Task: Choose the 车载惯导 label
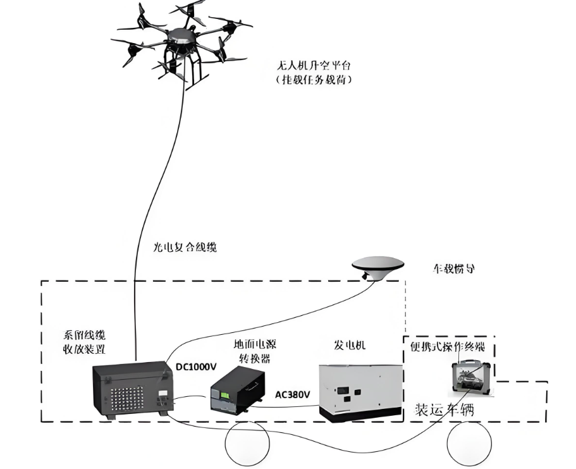pos(453,268)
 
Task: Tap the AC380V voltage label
pos(293,394)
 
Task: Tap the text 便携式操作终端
pos(448,347)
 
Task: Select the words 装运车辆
pos(444,409)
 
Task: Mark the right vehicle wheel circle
pos(469,444)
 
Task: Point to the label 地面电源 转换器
pos(252,351)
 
